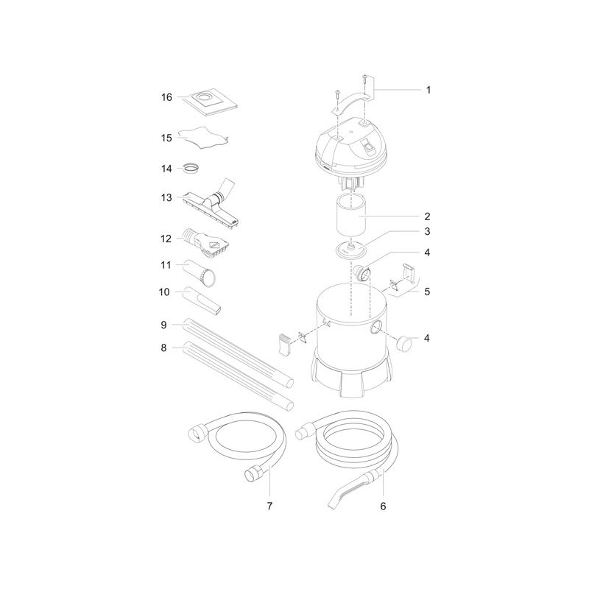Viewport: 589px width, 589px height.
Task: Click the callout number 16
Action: [x=166, y=97]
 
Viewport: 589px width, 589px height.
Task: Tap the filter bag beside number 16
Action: [x=213, y=102]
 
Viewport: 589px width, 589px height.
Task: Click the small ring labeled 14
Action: [x=191, y=169]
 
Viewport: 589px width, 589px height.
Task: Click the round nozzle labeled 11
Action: [x=200, y=272]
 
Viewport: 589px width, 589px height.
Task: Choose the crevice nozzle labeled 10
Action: [x=202, y=300]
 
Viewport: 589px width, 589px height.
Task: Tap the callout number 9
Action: [x=163, y=325]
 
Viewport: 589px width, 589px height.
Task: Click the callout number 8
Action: [x=163, y=348]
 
